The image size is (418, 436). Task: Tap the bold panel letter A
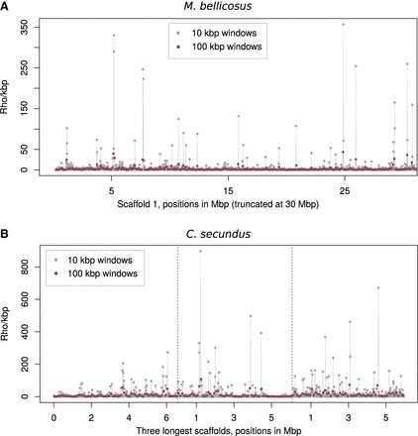(6, 7)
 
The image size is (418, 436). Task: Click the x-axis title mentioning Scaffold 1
(229, 204)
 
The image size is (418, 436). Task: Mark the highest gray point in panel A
(344, 24)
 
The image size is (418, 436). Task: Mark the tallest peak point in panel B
(200, 251)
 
